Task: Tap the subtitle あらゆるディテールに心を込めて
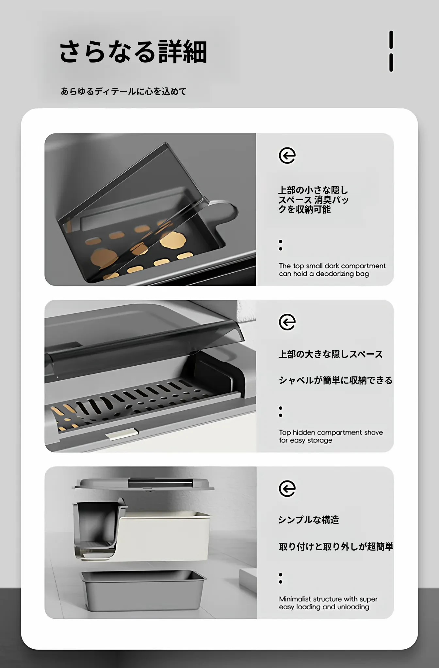124,91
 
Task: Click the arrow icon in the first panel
287,155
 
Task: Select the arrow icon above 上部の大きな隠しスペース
287,322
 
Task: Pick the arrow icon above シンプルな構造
287,489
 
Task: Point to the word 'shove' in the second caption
373,433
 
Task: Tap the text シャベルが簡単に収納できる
335,380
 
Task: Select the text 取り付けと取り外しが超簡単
336,547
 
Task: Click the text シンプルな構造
309,520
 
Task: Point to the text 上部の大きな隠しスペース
331,354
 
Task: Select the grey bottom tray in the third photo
143,591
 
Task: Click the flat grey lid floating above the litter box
144,484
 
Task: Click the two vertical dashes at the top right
391,51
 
